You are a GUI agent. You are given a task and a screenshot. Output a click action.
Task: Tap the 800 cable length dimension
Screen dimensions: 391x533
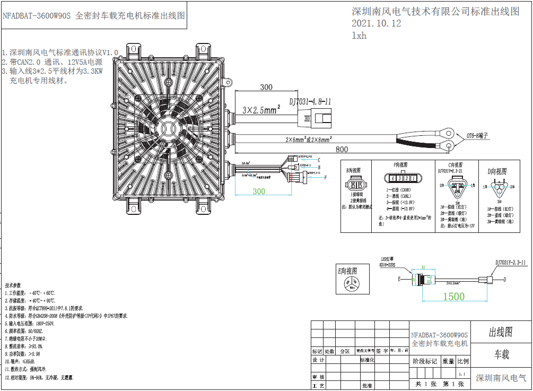(x=342, y=150)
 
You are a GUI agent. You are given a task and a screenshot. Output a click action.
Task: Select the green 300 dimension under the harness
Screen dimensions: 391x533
(x=259, y=191)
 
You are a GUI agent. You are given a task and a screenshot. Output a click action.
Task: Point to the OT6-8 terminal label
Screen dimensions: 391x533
(x=477, y=135)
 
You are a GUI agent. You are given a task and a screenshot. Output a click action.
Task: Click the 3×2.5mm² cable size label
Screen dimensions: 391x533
(x=261, y=111)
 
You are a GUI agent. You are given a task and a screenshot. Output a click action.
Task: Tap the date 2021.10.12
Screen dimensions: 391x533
(x=376, y=23)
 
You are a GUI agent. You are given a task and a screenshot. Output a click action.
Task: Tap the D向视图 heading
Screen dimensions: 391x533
(x=497, y=171)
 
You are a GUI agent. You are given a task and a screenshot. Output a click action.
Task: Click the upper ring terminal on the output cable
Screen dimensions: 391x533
(x=449, y=128)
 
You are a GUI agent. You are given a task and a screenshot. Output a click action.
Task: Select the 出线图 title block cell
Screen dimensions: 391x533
(x=501, y=332)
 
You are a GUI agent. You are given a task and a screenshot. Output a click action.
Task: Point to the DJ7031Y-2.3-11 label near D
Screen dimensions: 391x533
(x=511, y=262)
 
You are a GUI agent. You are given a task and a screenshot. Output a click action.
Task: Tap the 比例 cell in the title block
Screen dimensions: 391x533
(x=463, y=361)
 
